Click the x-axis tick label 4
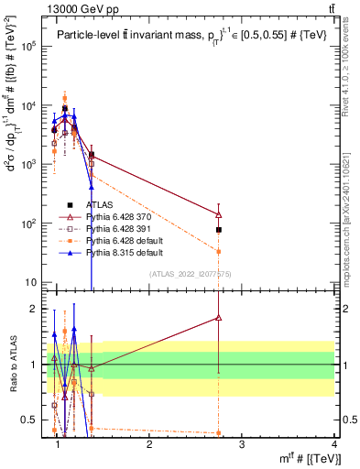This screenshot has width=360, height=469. tap(335, 444)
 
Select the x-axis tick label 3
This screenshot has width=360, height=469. tap(242, 444)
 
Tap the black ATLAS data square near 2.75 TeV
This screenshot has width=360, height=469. tap(219, 230)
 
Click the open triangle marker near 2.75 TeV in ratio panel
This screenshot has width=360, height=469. tap(219, 318)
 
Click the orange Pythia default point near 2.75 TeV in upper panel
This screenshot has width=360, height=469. tap(219, 251)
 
